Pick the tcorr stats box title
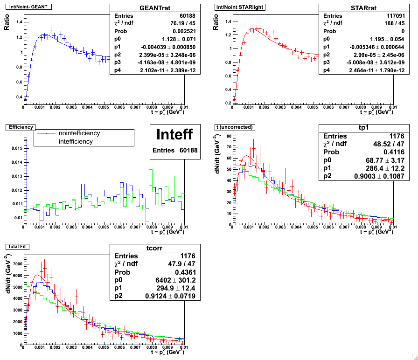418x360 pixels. pyautogui.click(x=155, y=248)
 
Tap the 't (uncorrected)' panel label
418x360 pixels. pyautogui.click(x=234, y=127)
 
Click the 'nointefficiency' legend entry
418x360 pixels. pyautogui.click(x=79, y=133)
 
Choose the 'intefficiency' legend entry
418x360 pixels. pyautogui.click(x=75, y=141)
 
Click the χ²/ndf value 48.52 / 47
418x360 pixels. pyautogui.click(x=386, y=145)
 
